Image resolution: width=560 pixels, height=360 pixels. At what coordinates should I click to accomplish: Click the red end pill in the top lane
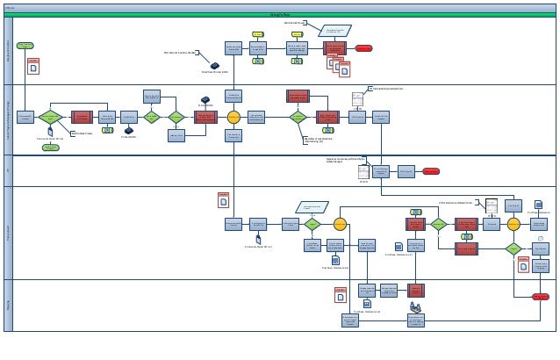point(363,48)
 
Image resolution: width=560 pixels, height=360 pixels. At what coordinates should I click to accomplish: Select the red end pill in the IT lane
point(431,171)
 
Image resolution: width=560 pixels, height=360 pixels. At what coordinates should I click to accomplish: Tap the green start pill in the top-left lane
point(25,46)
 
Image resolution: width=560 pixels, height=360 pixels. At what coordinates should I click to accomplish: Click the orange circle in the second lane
point(233,117)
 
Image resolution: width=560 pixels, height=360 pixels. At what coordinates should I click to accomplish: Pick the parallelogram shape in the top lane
point(334,31)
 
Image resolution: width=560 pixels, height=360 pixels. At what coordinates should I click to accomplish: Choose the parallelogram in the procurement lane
point(312,207)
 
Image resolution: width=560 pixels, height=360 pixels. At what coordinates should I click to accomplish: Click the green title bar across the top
point(280,14)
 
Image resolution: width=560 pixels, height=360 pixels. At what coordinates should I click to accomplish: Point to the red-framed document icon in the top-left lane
point(33,66)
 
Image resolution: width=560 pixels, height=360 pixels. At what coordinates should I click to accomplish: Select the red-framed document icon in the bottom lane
point(341,296)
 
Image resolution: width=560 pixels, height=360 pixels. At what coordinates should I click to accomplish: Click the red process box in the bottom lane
point(416,290)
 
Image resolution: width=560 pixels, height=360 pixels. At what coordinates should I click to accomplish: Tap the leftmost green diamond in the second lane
point(50,117)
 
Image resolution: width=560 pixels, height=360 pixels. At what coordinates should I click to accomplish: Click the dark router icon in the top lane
point(215,66)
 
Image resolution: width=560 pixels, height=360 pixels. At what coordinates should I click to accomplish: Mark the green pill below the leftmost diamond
point(51,148)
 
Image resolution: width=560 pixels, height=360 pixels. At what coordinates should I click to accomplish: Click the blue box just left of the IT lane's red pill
point(406,171)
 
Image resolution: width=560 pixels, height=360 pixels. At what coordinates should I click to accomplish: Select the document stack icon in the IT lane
point(363,172)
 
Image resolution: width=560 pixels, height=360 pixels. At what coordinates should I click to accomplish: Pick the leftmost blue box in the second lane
point(25,117)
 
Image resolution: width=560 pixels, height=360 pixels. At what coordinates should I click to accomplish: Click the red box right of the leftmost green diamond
point(82,117)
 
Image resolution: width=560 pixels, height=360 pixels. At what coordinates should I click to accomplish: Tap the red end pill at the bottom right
point(541,297)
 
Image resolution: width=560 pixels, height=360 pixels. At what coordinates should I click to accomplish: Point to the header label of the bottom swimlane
point(8,305)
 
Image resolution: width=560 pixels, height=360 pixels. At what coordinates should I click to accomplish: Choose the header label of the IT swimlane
point(8,170)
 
